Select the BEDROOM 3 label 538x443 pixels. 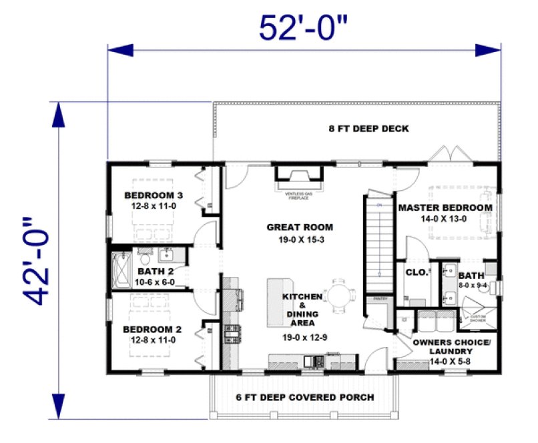(x=153, y=195)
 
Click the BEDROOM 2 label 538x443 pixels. (x=153, y=329)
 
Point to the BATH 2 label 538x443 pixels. (x=155, y=272)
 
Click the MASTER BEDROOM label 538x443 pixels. (x=445, y=207)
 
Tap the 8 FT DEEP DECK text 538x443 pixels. (x=368, y=128)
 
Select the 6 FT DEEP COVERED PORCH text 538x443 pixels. (x=305, y=397)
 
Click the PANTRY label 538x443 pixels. (x=380, y=299)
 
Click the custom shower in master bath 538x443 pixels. (x=479, y=314)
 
